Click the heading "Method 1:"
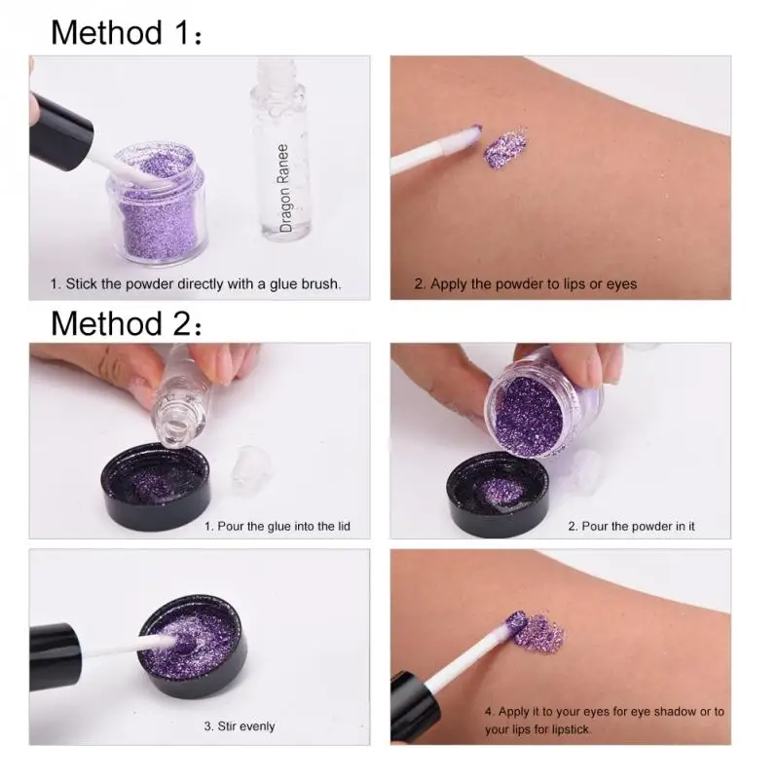[x=127, y=33]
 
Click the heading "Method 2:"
[x=127, y=323]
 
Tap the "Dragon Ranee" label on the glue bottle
[x=283, y=188]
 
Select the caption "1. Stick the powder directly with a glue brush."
[x=196, y=284]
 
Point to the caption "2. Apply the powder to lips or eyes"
[x=526, y=284]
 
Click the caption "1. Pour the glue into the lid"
[x=278, y=526]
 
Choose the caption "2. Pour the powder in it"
[x=631, y=526]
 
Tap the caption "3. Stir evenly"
[x=240, y=726]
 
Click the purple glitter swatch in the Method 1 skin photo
[x=505, y=147]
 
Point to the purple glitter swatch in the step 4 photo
[x=539, y=634]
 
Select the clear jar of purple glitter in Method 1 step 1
[x=156, y=204]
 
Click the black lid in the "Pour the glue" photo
[x=156, y=486]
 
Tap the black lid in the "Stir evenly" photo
[x=192, y=647]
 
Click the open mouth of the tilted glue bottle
[x=176, y=428]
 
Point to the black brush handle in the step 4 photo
[x=415, y=707]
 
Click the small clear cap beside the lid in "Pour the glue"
[x=251, y=469]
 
